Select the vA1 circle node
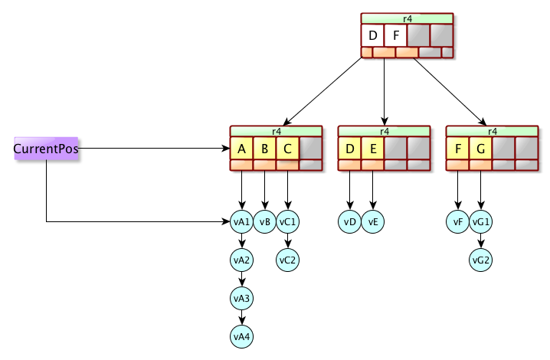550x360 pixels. (242, 222)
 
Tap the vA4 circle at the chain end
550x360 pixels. (242, 336)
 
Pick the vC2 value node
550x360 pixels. (288, 260)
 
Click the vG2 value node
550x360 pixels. (481, 260)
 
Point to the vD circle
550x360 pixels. (350, 222)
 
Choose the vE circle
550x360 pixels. (373, 222)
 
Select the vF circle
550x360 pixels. (458, 222)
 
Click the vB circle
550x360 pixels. (265, 222)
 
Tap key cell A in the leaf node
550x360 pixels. (241, 148)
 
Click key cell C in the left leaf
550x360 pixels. (287, 148)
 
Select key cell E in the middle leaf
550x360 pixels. (372, 148)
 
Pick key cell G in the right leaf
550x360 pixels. (480, 148)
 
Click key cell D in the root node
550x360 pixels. (372, 35)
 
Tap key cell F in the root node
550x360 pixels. (395, 35)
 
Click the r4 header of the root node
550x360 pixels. (407, 18)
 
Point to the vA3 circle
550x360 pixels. (242, 298)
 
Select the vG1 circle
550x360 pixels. (481, 222)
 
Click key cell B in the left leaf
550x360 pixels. (264, 148)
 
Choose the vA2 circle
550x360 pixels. (242, 260)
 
